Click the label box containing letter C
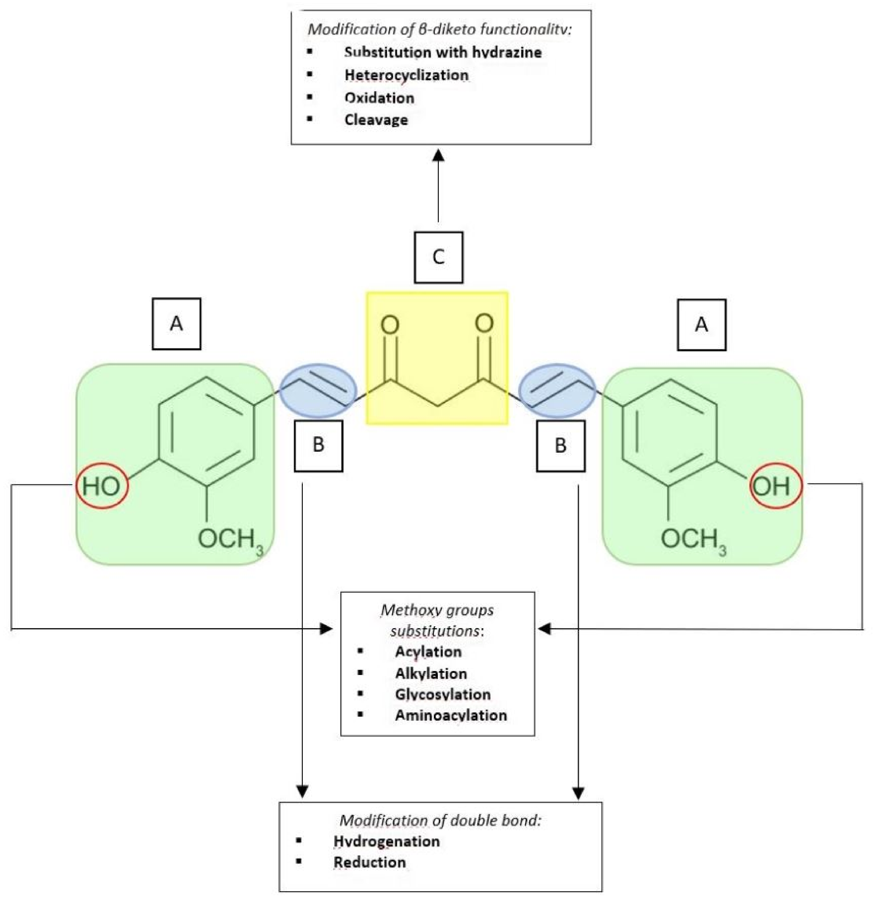(x=438, y=257)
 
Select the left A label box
(x=176, y=324)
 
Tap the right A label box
(x=701, y=325)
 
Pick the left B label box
(x=318, y=446)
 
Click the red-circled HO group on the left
(x=102, y=486)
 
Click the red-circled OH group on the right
(x=776, y=486)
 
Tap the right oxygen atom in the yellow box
(x=484, y=323)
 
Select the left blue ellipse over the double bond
(x=318, y=390)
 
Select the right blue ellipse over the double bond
(x=557, y=390)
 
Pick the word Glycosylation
(x=442, y=694)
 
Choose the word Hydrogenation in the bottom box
(x=386, y=841)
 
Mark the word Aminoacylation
(x=451, y=715)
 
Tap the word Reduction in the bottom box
(x=369, y=862)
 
